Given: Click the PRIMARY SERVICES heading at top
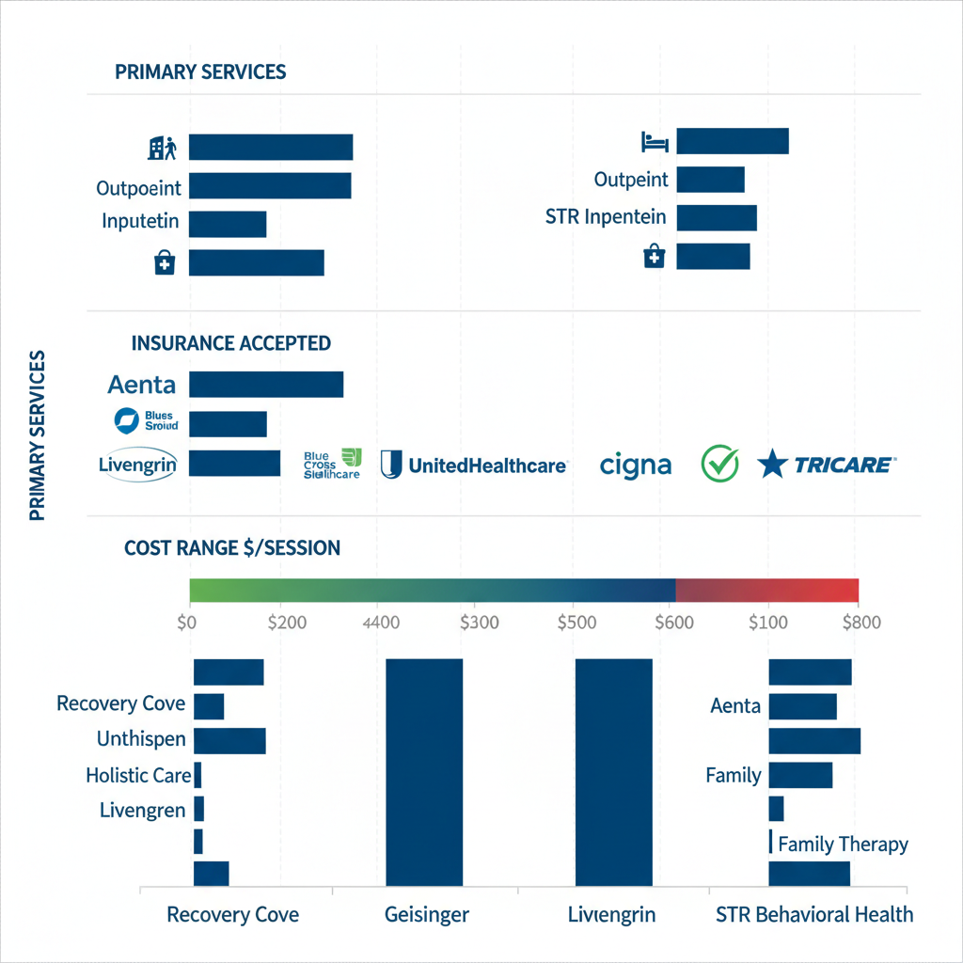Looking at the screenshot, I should click(x=200, y=72).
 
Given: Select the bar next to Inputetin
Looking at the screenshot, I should click(x=228, y=224).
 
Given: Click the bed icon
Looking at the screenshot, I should click(x=655, y=142).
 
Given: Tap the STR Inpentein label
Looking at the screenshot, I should click(x=606, y=217).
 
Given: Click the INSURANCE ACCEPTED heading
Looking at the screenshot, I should click(x=231, y=343).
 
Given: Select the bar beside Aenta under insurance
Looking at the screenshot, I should click(x=266, y=385).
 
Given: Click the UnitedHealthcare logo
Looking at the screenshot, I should click(x=474, y=465).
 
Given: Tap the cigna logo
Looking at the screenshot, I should click(x=636, y=465).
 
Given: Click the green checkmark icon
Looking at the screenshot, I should click(x=720, y=464).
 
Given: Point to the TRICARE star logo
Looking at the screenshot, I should click(x=773, y=464).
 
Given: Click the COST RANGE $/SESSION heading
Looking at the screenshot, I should click(x=232, y=547).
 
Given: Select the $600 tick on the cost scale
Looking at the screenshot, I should click(x=673, y=622).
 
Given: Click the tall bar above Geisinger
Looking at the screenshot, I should click(x=424, y=771).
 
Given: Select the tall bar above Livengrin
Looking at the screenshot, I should click(x=613, y=771).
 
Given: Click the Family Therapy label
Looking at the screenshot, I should click(x=843, y=844).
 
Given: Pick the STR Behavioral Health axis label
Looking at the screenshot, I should click(x=813, y=914).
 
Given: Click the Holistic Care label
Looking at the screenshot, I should click(x=138, y=776).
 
